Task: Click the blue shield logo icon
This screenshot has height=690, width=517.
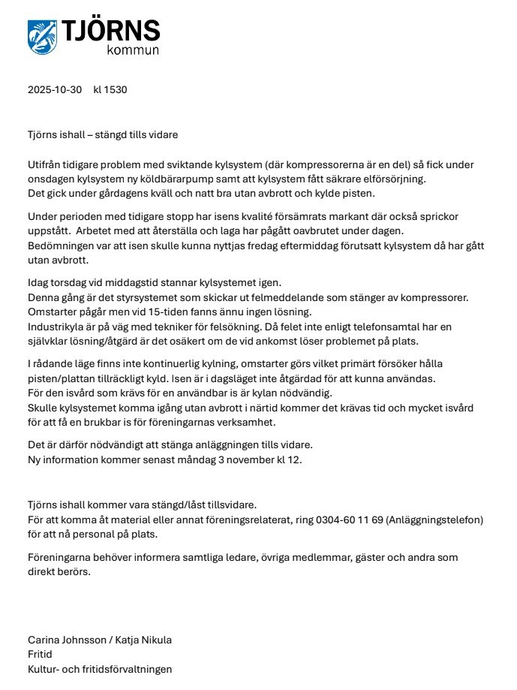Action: click(42, 36)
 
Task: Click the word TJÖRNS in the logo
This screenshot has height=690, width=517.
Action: click(112, 31)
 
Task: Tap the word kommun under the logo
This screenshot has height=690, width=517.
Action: click(133, 51)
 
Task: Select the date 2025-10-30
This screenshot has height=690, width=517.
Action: click(55, 90)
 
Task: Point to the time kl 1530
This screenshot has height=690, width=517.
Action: click(110, 90)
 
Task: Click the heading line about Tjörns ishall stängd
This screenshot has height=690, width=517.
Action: click(103, 134)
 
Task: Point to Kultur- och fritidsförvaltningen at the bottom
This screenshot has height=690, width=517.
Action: click(100, 669)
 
